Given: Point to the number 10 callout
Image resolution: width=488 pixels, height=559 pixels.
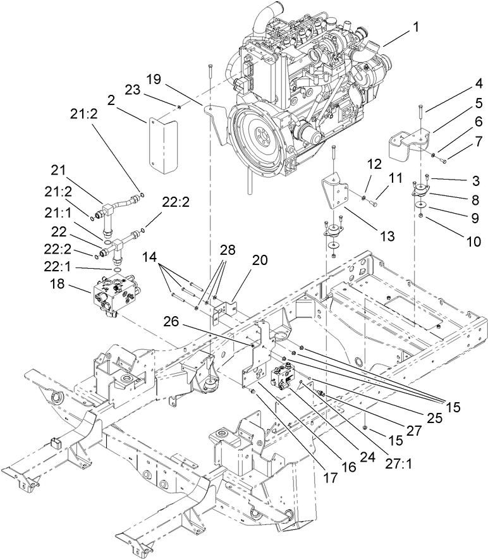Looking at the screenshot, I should [453, 241].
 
